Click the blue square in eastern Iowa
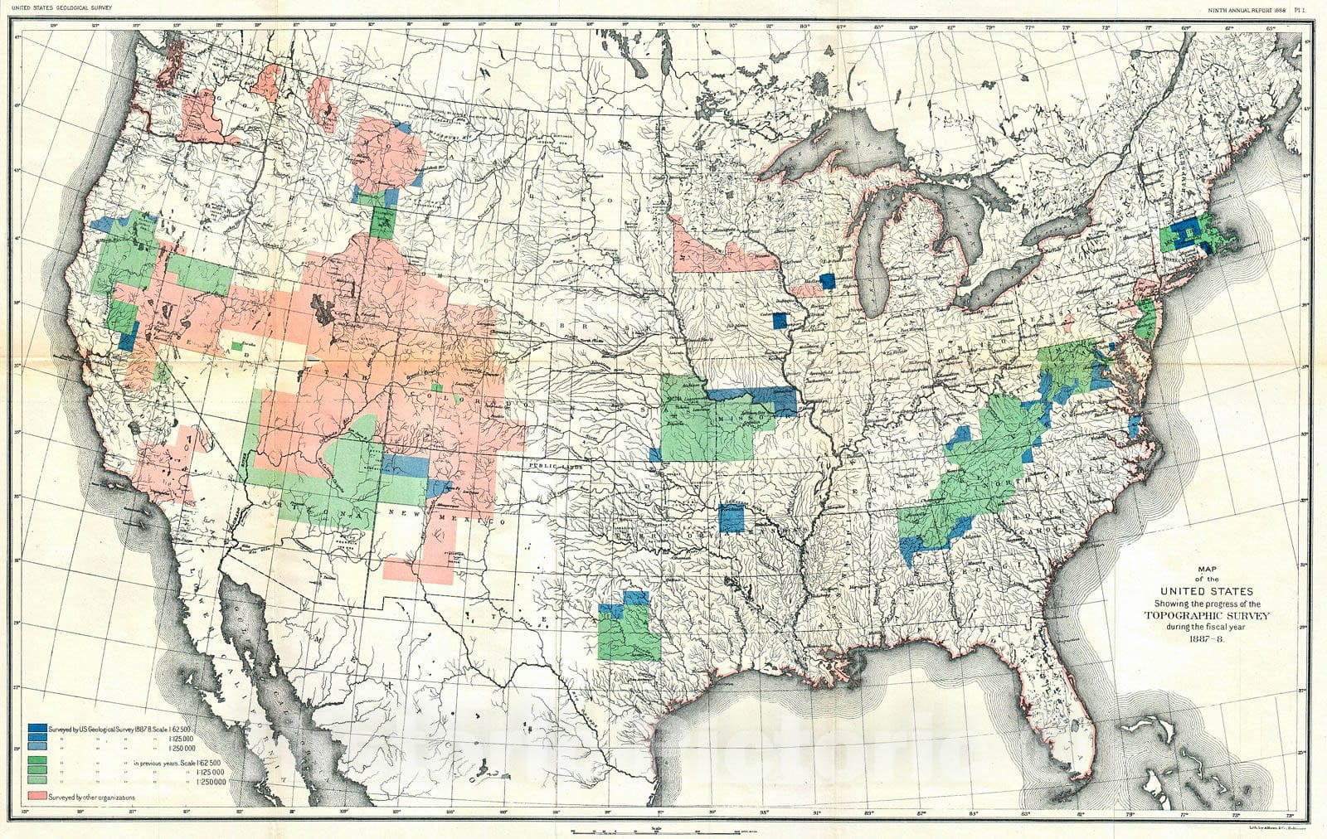(780, 320)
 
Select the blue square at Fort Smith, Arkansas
(732, 517)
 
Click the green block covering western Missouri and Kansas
(705, 427)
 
